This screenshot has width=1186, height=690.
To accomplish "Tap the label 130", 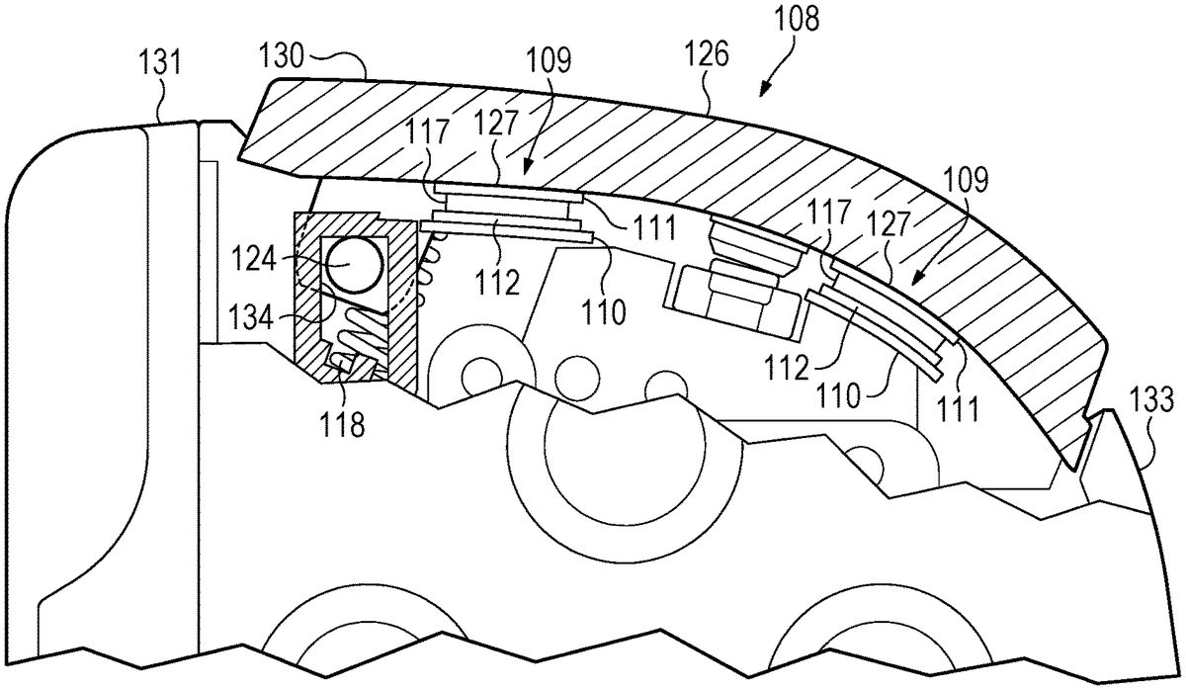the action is point(282,56).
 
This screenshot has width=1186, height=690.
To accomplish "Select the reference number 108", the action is point(797,19).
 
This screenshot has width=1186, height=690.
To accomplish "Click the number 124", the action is point(254,261).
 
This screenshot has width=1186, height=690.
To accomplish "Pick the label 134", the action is point(250,317).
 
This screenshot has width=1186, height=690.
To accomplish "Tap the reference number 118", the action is point(342,424).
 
